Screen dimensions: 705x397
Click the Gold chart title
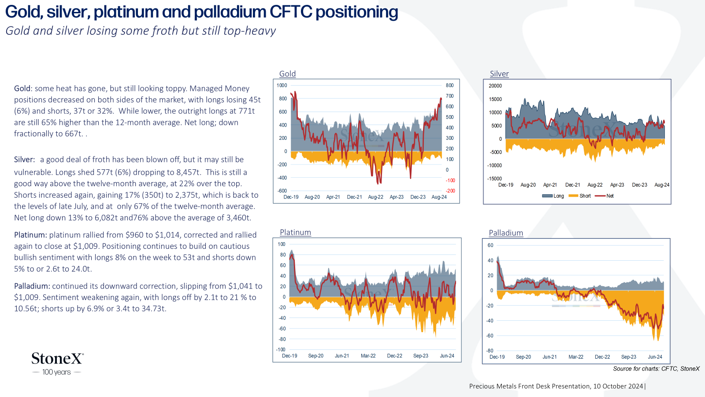tap(287, 74)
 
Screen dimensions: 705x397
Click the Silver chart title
tap(499, 74)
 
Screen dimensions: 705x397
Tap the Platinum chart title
tap(295, 232)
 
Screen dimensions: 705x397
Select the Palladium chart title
tap(506, 233)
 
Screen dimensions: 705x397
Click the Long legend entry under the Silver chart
tap(553, 196)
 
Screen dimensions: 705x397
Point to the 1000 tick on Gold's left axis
tap(282, 86)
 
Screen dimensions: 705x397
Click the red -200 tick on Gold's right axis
tap(450, 191)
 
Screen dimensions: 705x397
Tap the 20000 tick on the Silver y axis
tap(495, 86)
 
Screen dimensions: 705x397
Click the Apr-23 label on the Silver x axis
tap(617, 185)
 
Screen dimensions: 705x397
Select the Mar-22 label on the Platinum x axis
tap(368, 356)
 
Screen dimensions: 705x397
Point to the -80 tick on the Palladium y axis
tap(490, 351)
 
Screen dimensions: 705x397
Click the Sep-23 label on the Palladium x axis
tap(628, 357)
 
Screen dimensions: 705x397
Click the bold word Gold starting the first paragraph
tap(22, 89)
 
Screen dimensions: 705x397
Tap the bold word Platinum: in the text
tap(30, 235)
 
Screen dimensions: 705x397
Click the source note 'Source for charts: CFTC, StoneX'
tap(656, 369)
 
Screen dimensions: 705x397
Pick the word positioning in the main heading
tap(356, 12)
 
